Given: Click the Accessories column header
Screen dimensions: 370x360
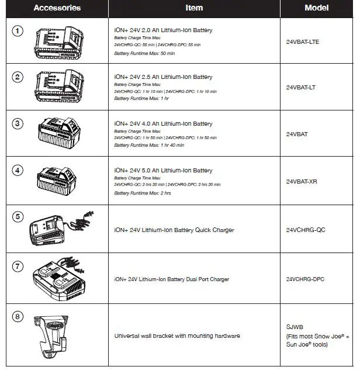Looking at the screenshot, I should coord(57,8).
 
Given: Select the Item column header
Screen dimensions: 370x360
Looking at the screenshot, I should coord(194,8).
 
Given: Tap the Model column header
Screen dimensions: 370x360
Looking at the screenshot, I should coord(316,8).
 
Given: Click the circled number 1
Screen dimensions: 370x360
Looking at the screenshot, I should coord(18,30).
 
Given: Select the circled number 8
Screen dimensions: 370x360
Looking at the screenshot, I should coord(18,317).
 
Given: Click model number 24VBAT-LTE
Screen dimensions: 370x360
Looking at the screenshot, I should coord(303,42).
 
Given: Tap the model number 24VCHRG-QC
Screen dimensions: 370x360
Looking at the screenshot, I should coord(305,230).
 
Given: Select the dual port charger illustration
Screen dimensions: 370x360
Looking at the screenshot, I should coord(58,278).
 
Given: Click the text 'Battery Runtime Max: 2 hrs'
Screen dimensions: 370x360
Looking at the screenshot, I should coord(143,193).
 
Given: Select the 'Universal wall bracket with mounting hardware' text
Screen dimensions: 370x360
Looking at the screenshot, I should coord(177,336).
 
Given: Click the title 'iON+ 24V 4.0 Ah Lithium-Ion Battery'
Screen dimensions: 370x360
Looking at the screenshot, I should coord(163,124).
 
